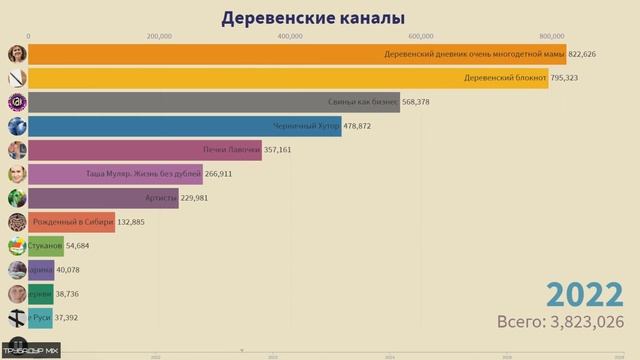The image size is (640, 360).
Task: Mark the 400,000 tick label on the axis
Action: (290, 36)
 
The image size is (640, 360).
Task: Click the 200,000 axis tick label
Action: (159, 36)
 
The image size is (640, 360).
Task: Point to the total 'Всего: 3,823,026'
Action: (561, 322)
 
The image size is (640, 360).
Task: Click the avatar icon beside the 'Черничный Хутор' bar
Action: (17, 126)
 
